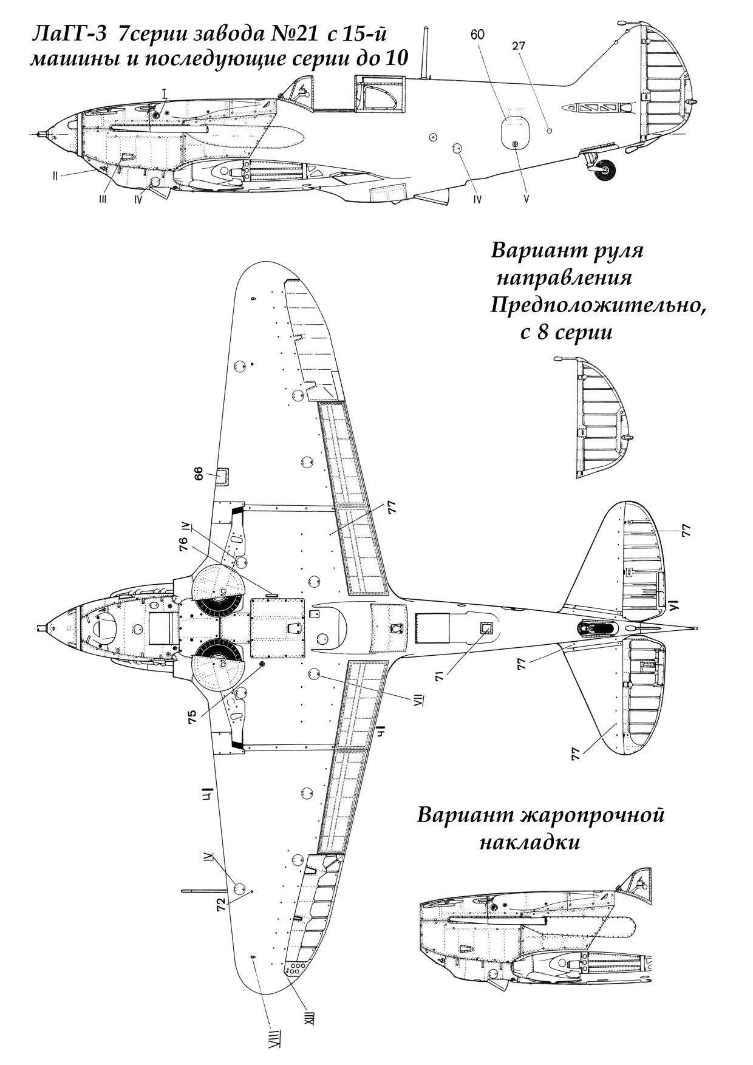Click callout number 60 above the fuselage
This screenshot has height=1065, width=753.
[477, 35]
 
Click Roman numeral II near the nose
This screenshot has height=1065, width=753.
[55, 176]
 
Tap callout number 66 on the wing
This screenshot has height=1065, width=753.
[199, 477]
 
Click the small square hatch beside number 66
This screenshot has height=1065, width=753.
[223, 477]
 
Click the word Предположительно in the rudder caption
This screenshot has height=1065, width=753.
[598, 307]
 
